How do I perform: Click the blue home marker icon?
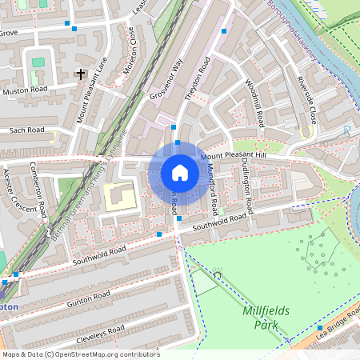pos(179,173)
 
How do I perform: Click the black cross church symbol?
pos(80,74)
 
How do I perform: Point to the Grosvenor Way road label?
pos(166,79)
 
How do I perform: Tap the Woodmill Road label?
pos(255,103)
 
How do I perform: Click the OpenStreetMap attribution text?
pos(80,354)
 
